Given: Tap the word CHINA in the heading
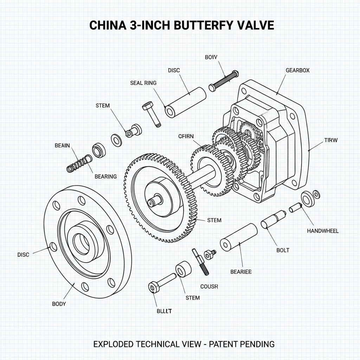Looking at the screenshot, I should click(x=104, y=26).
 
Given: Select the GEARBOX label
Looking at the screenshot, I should click(x=297, y=70).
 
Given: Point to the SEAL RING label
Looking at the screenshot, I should click(x=143, y=83).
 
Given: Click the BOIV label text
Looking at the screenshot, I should click(x=212, y=57).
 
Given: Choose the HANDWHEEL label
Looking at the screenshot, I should click(x=323, y=231).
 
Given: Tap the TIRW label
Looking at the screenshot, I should click(x=330, y=140).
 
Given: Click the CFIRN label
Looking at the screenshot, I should click(x=186, y=136).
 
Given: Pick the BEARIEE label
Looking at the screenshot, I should click(x=241, y=272).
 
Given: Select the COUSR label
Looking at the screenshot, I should click(x=209, y=287).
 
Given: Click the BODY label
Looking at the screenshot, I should click(x=59, y=304).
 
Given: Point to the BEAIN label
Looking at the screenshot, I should click(x=62, y=145).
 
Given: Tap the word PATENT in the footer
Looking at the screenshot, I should click(x=221, y=344).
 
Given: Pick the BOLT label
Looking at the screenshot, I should click(x=283, y=250).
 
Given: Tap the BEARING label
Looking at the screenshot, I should click(x=105, y=176).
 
